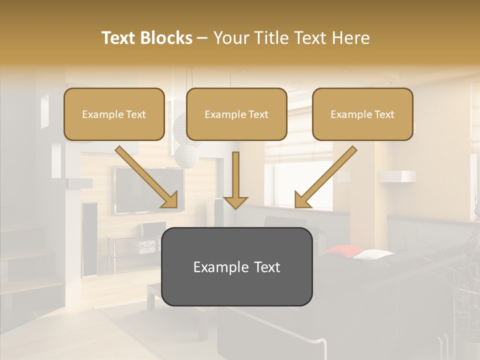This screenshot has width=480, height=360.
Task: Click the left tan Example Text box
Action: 114,114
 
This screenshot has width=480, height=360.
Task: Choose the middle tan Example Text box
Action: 236,114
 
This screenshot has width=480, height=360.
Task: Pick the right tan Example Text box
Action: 362,114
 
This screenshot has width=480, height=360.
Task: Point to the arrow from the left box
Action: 147,177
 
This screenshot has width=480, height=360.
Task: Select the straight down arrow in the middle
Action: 235,180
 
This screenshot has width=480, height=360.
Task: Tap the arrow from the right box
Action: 325,177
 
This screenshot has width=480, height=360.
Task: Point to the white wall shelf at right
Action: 397,176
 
